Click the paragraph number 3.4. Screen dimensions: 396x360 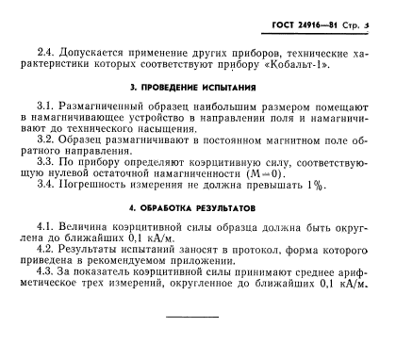click(x=44, y=185)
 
